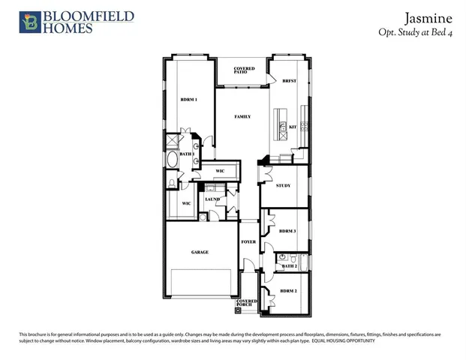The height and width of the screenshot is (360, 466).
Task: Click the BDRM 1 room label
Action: point(188,100)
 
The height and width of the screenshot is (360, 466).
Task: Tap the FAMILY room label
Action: point(242,117)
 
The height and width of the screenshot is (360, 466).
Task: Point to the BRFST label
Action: point(290,81)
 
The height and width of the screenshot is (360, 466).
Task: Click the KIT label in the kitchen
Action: point(293,128)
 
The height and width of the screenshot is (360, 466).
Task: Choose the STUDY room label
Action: point(283,185)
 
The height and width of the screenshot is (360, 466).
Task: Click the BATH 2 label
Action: point(290,266)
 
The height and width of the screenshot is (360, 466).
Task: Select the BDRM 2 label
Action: point(289,290)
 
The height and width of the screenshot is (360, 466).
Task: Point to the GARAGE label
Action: point(200,253)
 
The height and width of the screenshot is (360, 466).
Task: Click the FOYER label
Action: point(248,242)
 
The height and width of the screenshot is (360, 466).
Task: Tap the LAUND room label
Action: point(212,199)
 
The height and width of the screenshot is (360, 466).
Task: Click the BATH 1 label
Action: point(187,154)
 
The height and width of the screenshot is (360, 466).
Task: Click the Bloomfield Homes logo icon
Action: point(29,22)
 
